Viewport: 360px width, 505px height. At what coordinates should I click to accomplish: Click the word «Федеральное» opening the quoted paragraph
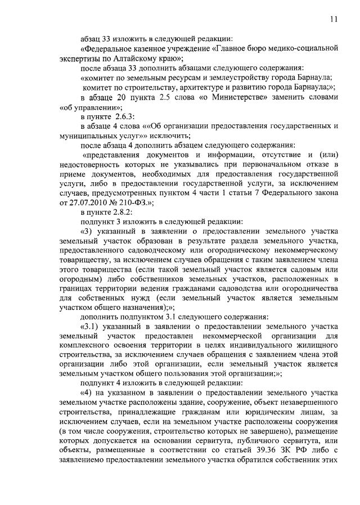point(107,48)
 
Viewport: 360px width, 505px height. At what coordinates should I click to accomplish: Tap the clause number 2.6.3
point(122,116)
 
